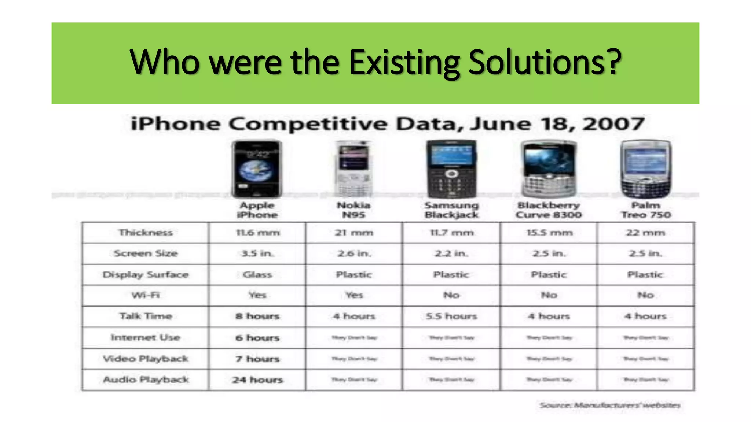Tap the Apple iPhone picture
[x=257, y=169]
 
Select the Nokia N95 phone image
[x=353, y=169]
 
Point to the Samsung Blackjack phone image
[x=451, y=169]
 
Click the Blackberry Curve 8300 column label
[x=549, y=210]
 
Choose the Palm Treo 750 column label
[x=646, y=210]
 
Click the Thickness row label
[x=146, y=233]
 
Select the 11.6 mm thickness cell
[x=257, y=233]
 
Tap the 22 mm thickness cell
[x=645, y=233]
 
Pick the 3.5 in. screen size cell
[x=257, y=253]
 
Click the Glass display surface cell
[x=257, y=275]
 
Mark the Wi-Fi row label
[x=146, y=295]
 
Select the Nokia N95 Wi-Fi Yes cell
[x=354, y=295]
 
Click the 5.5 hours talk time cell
[x=451, y=316]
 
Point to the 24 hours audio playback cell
[x=257, y=380]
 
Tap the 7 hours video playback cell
[x=257, y=359]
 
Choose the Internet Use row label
[x=146, y=337]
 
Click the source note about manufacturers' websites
[x=610, y=405]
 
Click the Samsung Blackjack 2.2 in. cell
[x=451, y=253]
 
